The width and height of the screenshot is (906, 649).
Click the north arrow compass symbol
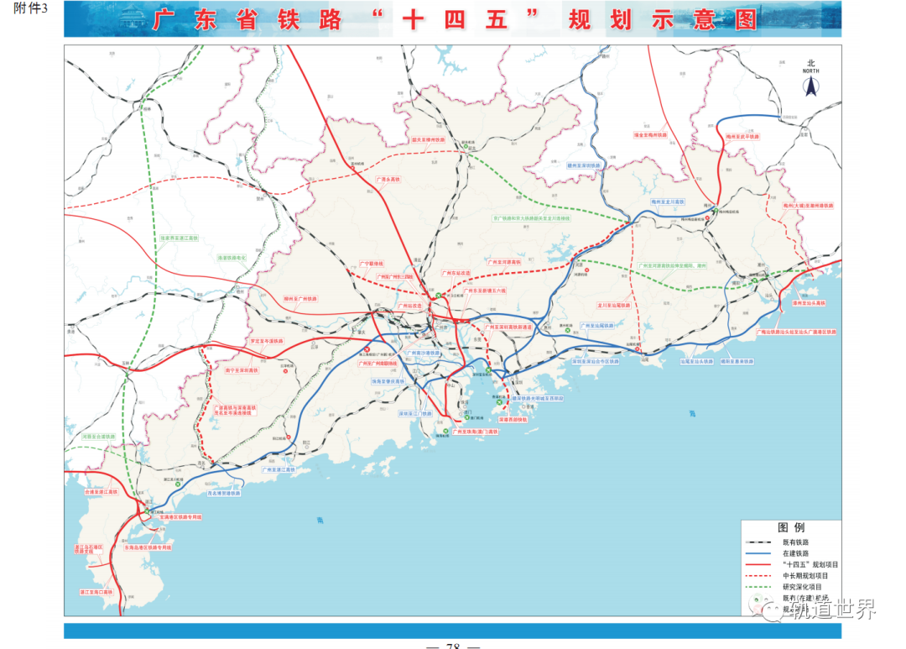pyautogui.click(x=810, y=83)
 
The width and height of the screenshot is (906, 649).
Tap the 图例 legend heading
pyautogui.click(x=791, y=528)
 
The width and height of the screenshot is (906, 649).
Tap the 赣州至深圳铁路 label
pyautogui.click(x=585, y=166)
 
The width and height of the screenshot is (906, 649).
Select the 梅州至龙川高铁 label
pyautogui.click(x=669, y=202)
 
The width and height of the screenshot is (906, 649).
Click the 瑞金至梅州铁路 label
pyautogui.click(x=653, y=134)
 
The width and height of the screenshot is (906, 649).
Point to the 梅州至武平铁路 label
pyautogui.click(x=742, y=135)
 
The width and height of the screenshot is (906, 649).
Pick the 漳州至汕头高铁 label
pyautogui.click(x=809, y=303)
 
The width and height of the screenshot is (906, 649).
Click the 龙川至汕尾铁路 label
pyautogui.click(x=613, y=306)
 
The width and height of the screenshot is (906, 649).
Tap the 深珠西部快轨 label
pyautogui.click(x=512, y=418)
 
